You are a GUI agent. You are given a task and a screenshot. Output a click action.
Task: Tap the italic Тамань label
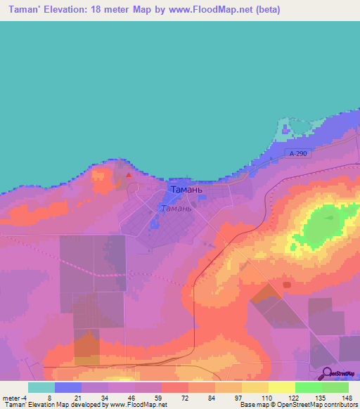pos(176,208)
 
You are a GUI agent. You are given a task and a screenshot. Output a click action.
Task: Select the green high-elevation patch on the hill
pos(323,228)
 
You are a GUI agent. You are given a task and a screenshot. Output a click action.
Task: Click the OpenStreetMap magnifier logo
pos(328,373)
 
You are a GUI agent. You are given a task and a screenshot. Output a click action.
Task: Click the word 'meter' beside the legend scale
pos(12,397)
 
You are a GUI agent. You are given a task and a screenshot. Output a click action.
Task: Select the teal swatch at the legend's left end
pos(41,387)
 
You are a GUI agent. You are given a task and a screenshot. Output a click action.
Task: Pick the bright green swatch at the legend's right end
pos(335,387)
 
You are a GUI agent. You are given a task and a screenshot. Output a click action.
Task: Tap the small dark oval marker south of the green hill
pos(286,285)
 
